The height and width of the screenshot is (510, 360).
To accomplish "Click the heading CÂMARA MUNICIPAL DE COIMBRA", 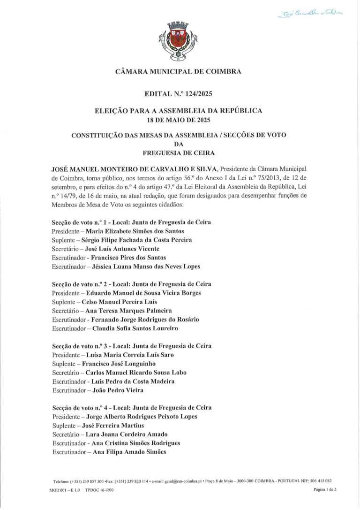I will point(178,72).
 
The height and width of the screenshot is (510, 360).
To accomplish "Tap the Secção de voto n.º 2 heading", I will point(131,284).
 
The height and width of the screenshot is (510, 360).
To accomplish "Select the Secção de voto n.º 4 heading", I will point(131,408).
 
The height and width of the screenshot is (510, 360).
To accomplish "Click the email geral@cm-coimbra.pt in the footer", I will point(181,481).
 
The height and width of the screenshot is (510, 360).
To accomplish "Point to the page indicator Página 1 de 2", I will point(325,489).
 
